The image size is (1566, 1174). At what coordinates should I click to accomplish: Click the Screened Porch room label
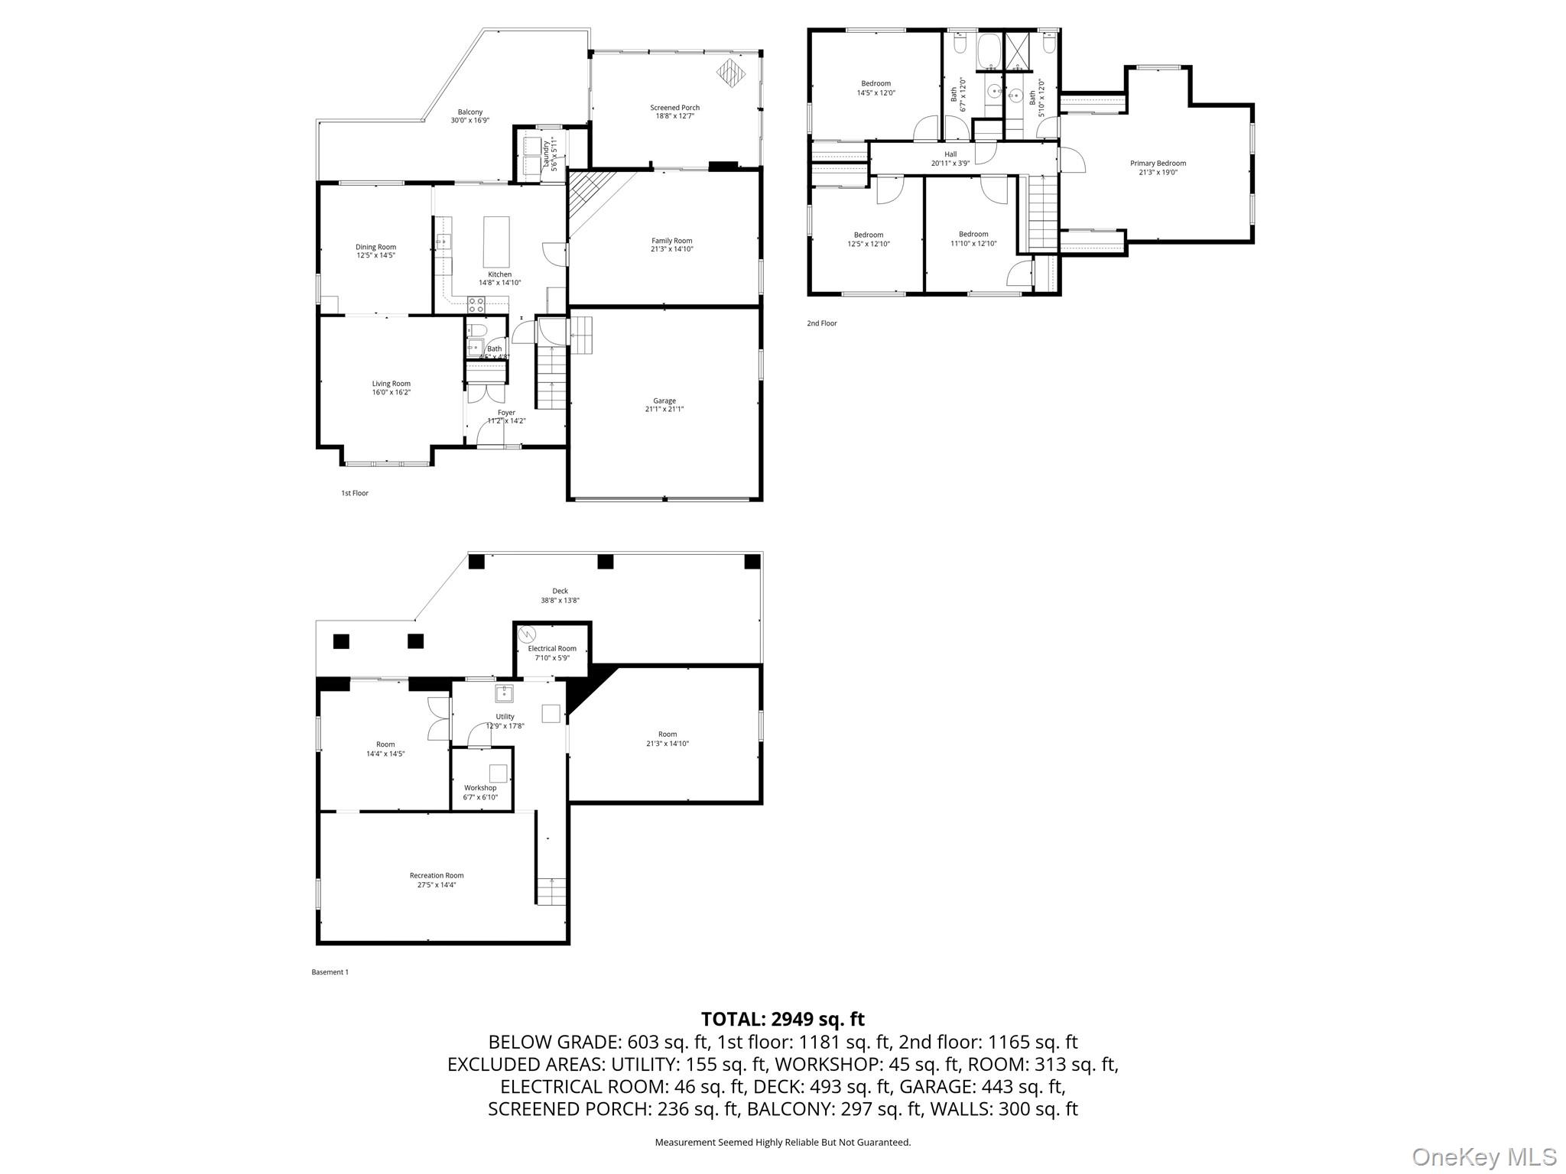pos(674,108)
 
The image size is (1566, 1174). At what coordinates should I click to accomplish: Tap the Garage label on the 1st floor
pos(664,401)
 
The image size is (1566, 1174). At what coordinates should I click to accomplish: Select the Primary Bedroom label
pos(1158,163)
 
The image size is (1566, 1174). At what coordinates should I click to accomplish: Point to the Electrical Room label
pos(552,648)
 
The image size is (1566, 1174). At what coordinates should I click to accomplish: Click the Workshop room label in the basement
pos(480,788)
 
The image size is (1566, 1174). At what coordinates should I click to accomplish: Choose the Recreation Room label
pos(437,875)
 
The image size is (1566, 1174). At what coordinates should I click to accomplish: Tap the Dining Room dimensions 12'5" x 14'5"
pos(375,255)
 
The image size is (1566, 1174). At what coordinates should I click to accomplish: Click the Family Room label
pos(671,241)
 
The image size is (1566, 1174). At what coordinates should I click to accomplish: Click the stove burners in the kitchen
pos(476,304)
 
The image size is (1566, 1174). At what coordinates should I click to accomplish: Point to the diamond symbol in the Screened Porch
pos(730,72)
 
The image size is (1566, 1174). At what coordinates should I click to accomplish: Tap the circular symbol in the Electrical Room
pos(527,635)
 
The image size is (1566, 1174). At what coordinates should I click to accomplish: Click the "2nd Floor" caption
pos(822,323)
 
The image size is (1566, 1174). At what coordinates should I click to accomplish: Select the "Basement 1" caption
pos(330,972)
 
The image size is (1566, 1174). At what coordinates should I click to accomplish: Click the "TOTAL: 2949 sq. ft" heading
pos(782,1019)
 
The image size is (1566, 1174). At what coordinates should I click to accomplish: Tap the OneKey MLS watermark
pos(1483,1156)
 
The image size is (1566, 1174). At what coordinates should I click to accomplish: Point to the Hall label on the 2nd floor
pos(950,154)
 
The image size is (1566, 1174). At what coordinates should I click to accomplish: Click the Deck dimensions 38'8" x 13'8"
pos(560,601)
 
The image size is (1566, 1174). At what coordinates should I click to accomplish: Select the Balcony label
pos(470,112)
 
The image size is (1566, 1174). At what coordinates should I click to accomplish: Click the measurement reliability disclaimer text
pos(782,1143)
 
